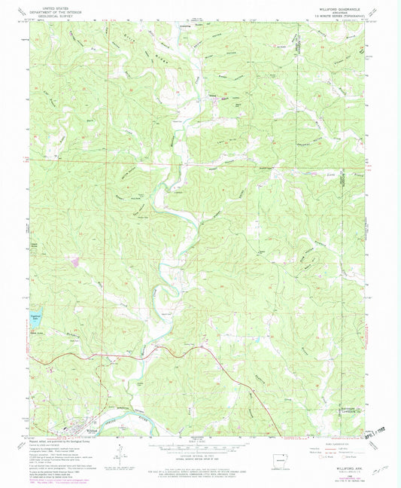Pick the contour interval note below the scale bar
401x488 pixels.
[x=199, y=455]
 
